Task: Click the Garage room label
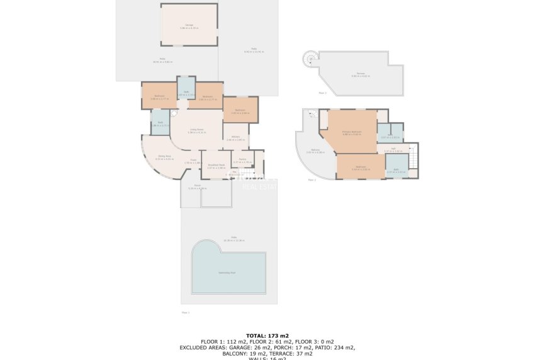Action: click(x=189, y=26)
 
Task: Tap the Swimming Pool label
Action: click(x=227, y=273)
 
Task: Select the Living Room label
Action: click(x=197, y=131)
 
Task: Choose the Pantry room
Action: click(x=242, y=161)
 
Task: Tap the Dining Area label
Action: click(x=165, y=157)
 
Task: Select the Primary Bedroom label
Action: click(x=351, y=133)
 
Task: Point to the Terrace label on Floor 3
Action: click(x=361, y=75)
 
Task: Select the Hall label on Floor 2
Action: click(x=393, y=150)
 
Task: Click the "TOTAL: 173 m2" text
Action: click(x=267, y=335)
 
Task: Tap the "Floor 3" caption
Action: click(x=322, y=93)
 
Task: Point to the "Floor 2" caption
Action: click(x=312, y=180)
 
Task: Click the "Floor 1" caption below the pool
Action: click(x=185, y=312)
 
